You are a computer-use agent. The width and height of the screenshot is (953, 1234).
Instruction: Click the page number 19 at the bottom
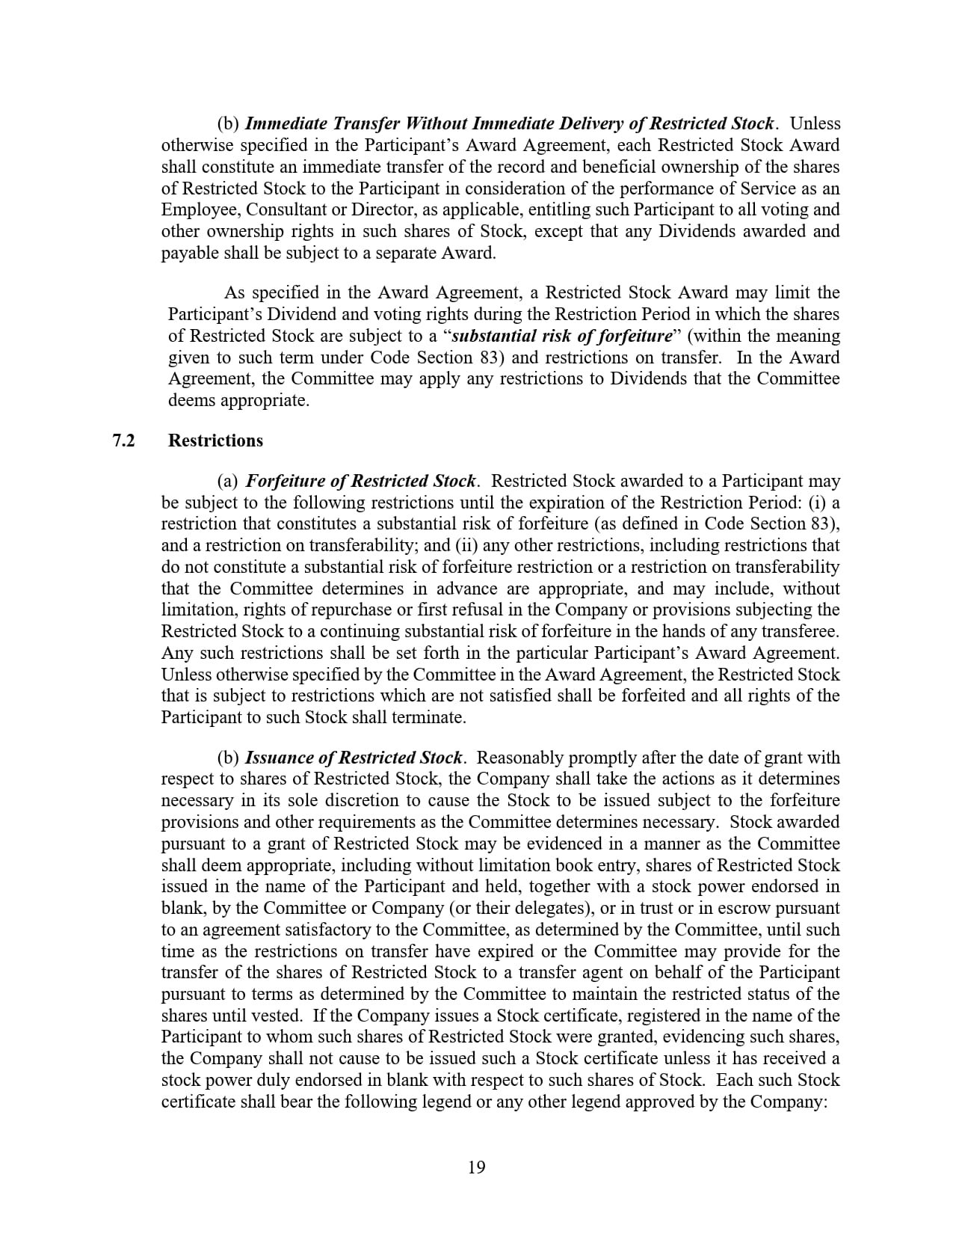point(476,1167)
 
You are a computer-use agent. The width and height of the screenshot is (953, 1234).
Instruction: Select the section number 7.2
point(123,441)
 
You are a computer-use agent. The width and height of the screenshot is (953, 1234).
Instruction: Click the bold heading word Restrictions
point(215,441)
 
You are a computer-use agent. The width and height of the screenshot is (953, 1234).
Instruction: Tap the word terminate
point(430,717)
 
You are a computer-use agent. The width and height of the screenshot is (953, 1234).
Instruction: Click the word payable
point(188,253)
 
